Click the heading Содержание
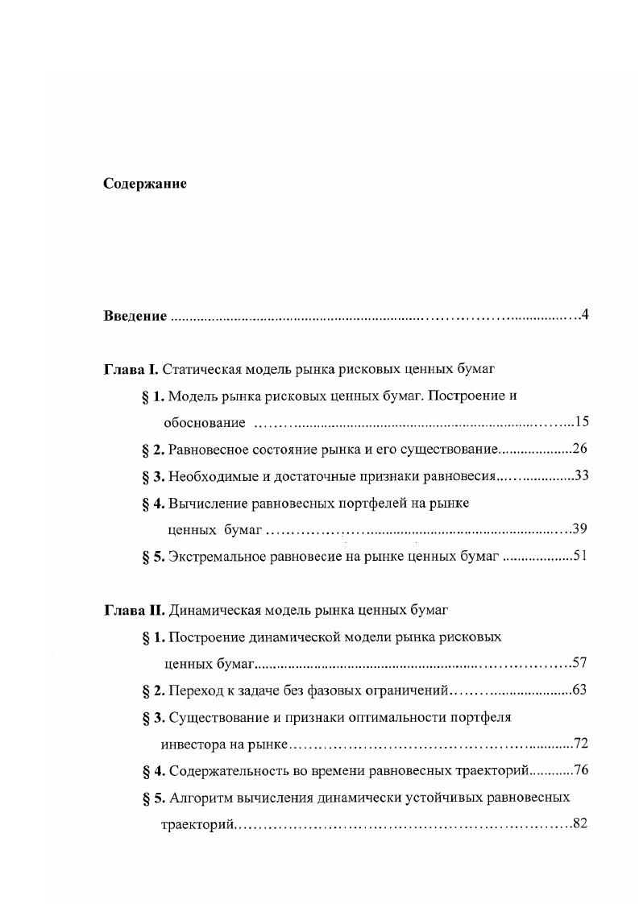tap(145, 184)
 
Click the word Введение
tap(135, 316)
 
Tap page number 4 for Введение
tap(586, 314)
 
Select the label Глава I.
tap(132, 370)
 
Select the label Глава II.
tap(135, 609)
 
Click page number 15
tap(583, 422)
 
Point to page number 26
tap(581, 449)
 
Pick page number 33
tap(582, 475)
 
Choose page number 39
tap(581, 529)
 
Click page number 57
tap(579, 663)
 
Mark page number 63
tap(579, 690)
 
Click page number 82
tap(579, 823)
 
